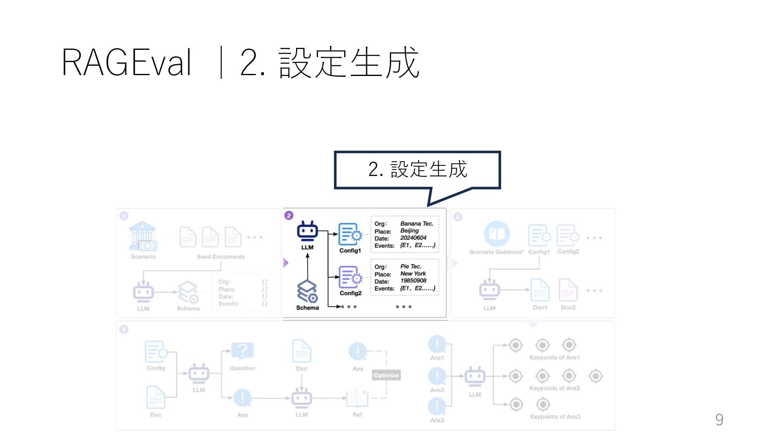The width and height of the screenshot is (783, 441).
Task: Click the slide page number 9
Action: click(x=719, y=420)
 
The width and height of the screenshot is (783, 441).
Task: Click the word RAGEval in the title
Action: click(x=126, y=63)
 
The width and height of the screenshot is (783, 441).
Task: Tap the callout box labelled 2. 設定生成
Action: click(x=417, y=169)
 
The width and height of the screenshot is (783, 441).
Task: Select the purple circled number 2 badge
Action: click(x=289, y=216)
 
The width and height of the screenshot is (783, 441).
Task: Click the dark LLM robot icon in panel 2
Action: click(x=307, y=232)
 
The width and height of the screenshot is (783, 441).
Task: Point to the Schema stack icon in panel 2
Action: click(x=307, y=292)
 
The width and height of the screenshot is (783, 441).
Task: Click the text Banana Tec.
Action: click(x=416, y=224)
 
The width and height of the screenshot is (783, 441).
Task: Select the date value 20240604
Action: click(x=413, y=238)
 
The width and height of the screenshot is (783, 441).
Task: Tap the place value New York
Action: click(x=413, y=274)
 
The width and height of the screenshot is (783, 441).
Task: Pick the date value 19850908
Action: click(x=413, y=281)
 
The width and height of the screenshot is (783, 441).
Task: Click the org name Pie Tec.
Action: click(x=411, y=266)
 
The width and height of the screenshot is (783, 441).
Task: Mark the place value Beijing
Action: click(x=409, y=231)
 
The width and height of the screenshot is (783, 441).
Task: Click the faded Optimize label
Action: click(x=386, y=375)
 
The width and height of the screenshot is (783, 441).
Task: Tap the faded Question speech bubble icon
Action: click(x=242, y=351)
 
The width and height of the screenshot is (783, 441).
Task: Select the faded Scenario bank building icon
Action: click(x=142, y=236)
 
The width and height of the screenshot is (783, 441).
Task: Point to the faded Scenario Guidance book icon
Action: click(x=497, y=234)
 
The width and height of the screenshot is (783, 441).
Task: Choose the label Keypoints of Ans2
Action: click(x=554, y=388)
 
